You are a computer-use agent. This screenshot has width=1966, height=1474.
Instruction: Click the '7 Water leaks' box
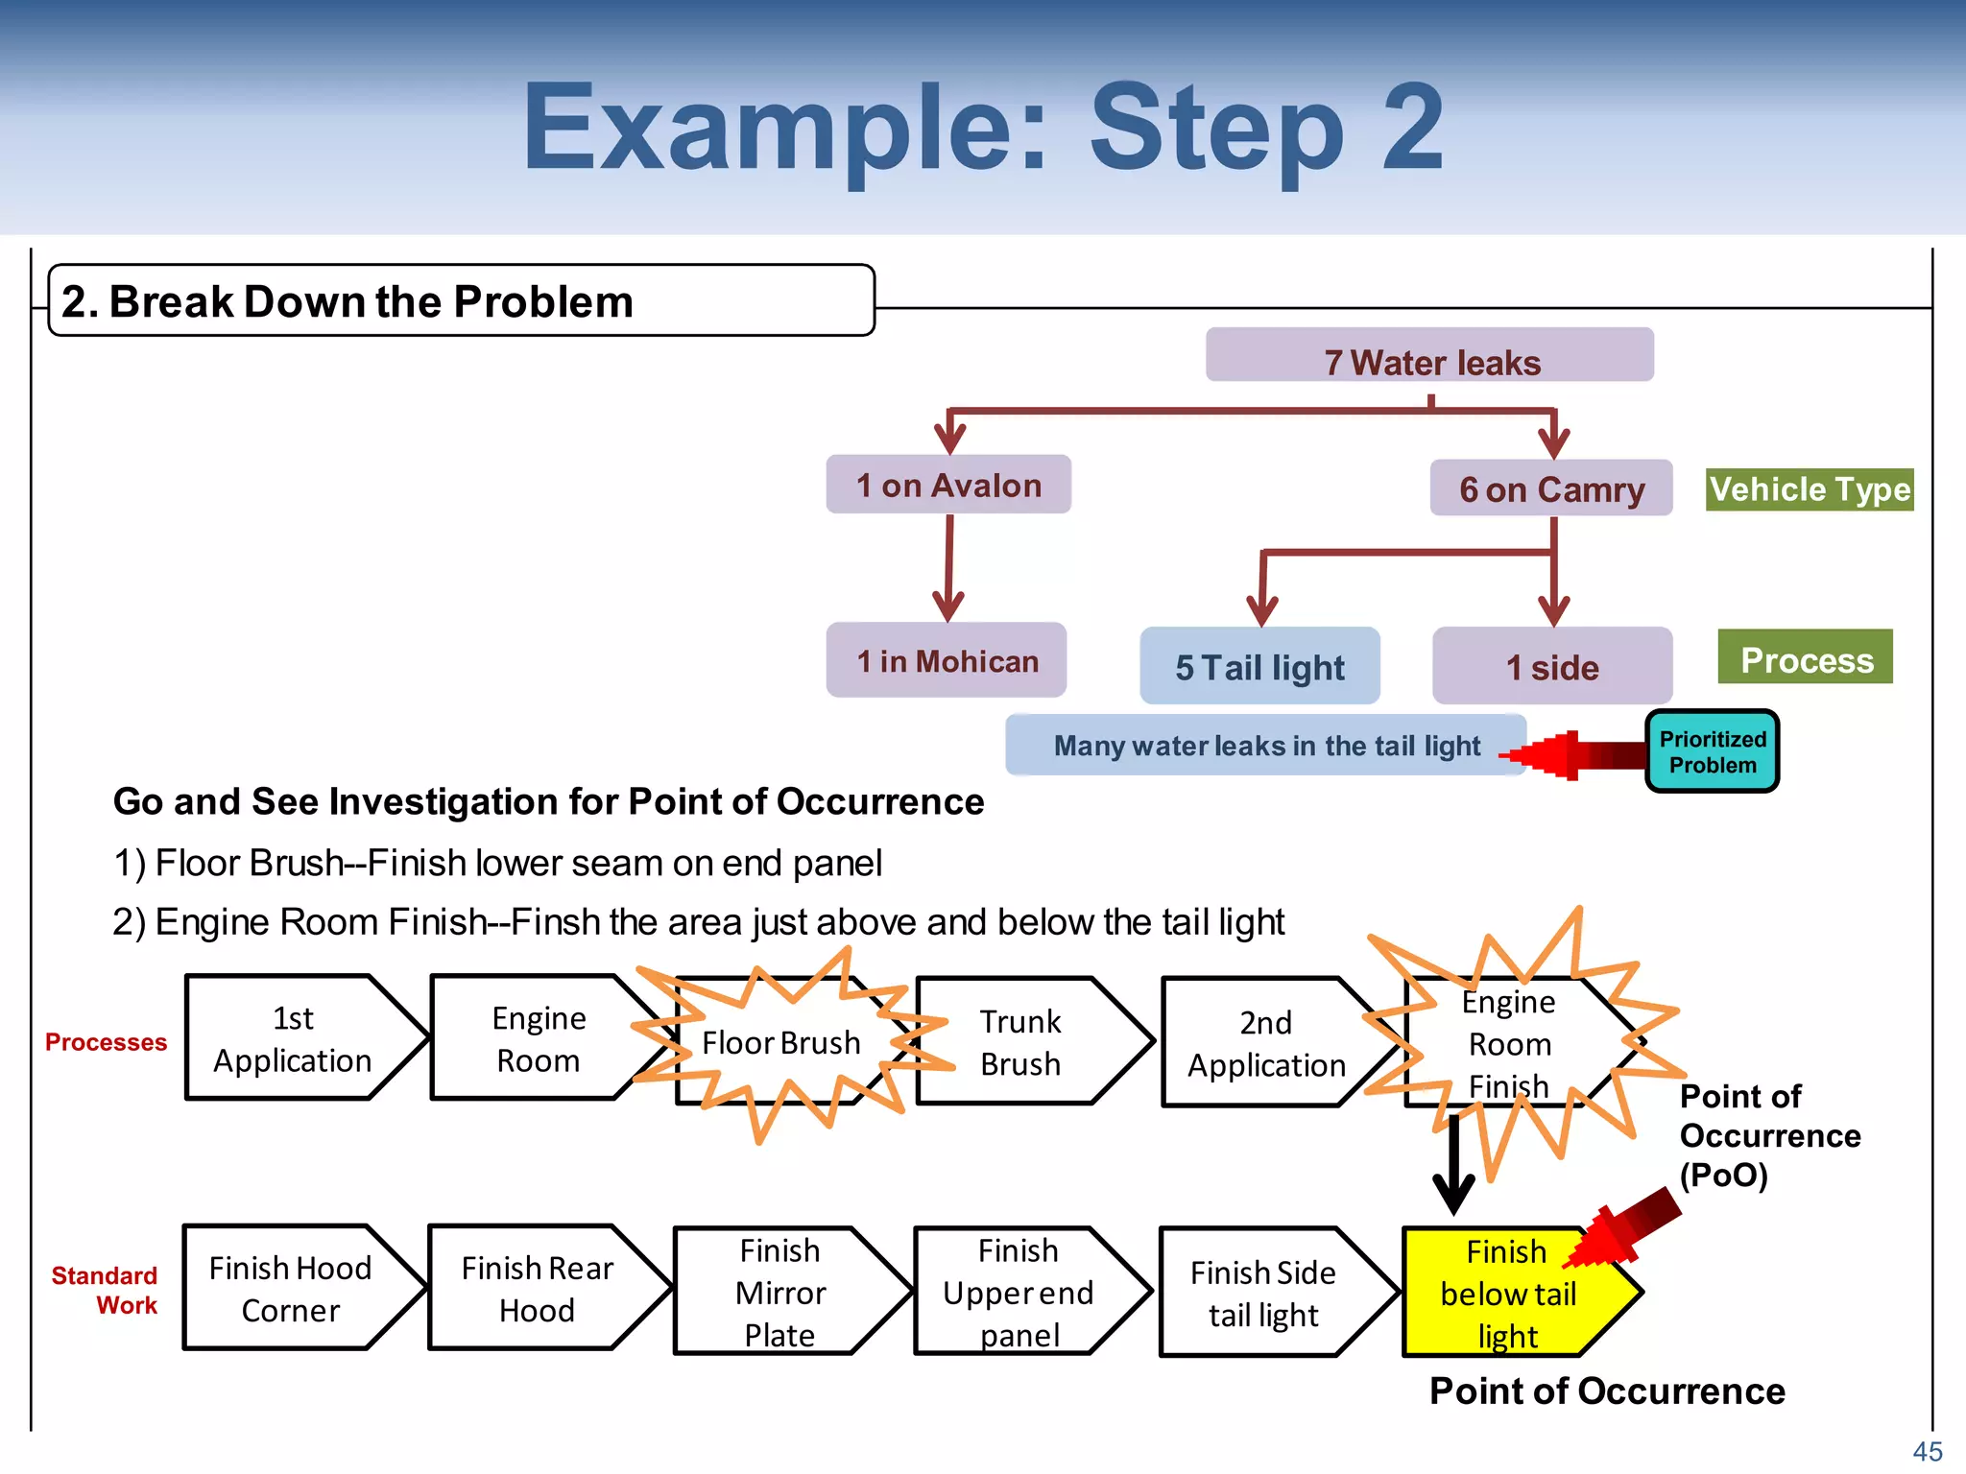click(1429, 356)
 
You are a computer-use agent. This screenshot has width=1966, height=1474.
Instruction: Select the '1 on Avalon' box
click(948, 485)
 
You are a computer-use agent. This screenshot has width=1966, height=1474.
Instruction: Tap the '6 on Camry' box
click(1550, 488)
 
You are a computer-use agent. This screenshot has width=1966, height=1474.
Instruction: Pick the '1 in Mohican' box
click(947, 660)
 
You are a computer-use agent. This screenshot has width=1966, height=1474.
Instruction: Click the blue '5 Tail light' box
click(1259, 666)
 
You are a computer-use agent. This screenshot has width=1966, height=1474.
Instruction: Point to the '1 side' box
click(1551, 666)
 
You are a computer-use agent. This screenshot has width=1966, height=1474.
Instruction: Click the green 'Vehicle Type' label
click(1809, 489)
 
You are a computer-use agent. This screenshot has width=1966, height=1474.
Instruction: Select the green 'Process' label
click(1805, 658)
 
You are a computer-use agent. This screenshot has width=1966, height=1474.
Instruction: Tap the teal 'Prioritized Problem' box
click(1712, 751)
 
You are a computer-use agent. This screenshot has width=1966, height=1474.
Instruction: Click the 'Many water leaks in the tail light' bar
click(1265, 745)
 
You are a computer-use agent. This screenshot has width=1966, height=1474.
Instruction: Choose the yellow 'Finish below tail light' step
click(1508, 1292)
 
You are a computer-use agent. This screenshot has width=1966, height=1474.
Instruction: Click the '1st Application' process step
click(293, 1038)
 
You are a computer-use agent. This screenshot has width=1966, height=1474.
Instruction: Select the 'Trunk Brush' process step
click(1019, 1042)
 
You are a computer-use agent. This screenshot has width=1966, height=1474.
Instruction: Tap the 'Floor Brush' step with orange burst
click(779, 1042)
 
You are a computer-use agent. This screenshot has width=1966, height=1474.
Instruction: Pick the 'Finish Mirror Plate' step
click(779, 1292)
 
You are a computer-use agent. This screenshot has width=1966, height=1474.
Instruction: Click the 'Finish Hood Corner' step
click(291, 1288)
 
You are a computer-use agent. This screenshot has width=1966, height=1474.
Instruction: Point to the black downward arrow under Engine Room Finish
click(1453, 1166)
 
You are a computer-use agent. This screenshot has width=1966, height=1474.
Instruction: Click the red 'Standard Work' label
click(106, 1290)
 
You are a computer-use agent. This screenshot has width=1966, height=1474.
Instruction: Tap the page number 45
click(1927, 1451)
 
